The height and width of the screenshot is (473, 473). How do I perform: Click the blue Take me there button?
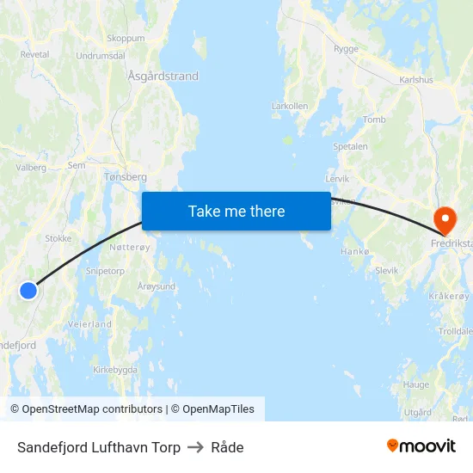pyautogui.click(x=236, y=212)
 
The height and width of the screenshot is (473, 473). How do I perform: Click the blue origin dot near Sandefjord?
pyautogui.click(x=28, y=291)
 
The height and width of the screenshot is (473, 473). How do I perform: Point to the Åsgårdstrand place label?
pyautogui.click(x=163, y=77)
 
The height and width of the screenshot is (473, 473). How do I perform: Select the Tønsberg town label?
pyautogui.click(x=126, y=176)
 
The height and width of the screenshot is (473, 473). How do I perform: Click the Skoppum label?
pyautogui.click(x=126, y=39)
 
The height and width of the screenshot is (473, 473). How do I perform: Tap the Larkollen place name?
pyautogui.click(x=289, y=107)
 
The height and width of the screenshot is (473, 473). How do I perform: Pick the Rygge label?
pyautogui.click(x=346, y=49)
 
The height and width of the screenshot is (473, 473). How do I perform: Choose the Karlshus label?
pyautogui.click(x=417, y=80)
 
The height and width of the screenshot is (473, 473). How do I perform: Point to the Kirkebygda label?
pyautogui.click(x=115, y=370)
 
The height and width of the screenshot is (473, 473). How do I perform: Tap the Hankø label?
pyautogui.click(x=354, y=252)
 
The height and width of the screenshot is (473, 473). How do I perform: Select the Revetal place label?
pyautogui.click(x=34, y=53)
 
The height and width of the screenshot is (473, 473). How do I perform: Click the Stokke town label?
pyautogui.click(x=58, y=238)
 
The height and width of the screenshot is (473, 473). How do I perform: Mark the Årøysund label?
pyautogui.click(x=157, y=286)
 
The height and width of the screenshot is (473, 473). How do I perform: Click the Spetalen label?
pyautogui.click(x=350, y=146)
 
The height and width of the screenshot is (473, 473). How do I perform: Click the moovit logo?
pyautogui.click(x=421, y=446)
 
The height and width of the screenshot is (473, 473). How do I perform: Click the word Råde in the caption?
pyautogui.click(x=227, y=447)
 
